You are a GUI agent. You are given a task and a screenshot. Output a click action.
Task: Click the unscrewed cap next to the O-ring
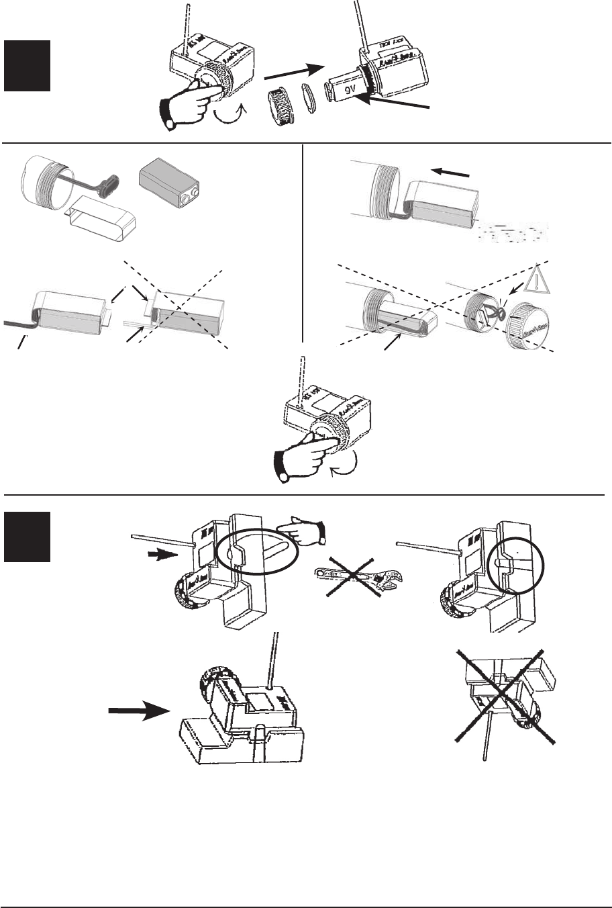coord(282,106)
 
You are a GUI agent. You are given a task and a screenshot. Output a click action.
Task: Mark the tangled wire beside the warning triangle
coord(497,314)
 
